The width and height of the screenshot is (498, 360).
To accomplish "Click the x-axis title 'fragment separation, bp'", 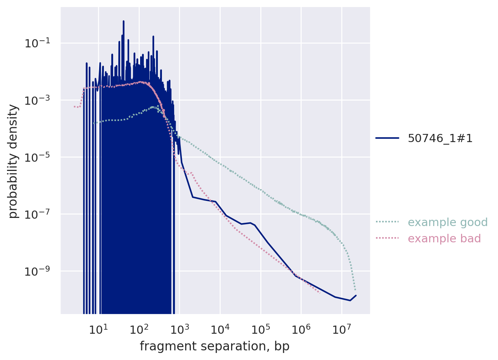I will point(214,346).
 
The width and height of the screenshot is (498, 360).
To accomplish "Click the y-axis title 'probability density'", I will point(13,161).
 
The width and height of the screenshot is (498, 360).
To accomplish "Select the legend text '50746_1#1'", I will point(440,138).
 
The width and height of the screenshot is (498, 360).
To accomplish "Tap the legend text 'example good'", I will point(447,222).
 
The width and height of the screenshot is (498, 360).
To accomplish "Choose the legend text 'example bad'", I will point(444,239).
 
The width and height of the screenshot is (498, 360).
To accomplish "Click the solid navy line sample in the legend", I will point(387,138).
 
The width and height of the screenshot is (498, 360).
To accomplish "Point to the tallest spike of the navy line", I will point(123,21).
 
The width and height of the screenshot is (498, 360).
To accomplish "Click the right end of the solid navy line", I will point(356,295).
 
